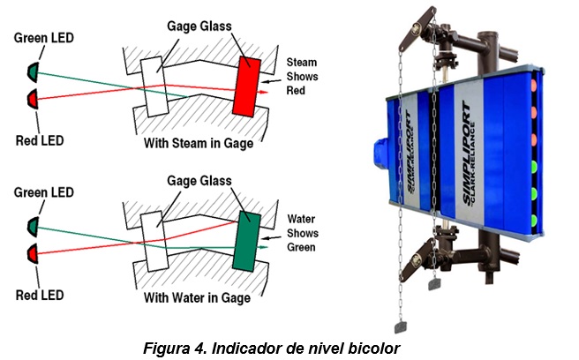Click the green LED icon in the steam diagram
point(34,69)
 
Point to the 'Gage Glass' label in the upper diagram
point(199,26)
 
